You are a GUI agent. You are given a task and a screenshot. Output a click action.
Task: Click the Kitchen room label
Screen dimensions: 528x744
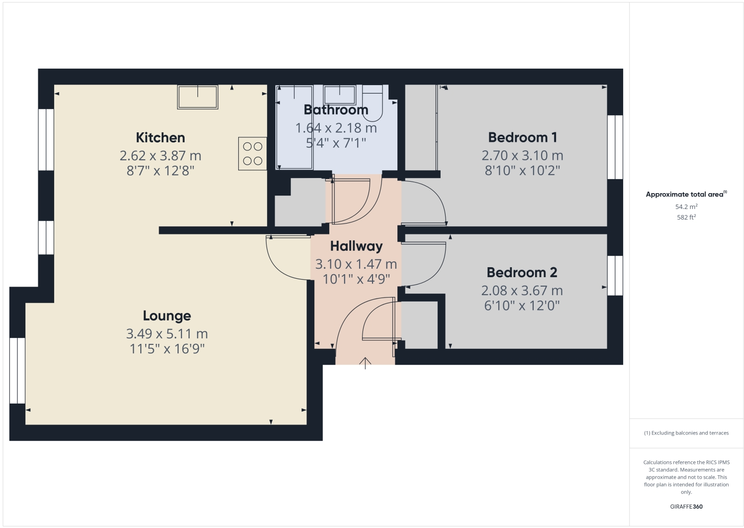[160, 138]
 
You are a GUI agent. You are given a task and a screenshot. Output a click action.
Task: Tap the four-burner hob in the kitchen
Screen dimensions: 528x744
[252, 154]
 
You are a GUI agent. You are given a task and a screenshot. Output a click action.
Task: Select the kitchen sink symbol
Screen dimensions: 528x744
[197, 97]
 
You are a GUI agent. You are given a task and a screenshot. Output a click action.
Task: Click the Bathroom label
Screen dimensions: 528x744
[336, 110]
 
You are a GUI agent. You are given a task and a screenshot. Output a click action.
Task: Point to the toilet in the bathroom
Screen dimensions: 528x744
[372, 102]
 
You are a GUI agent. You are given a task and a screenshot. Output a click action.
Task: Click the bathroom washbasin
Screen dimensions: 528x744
[340, 94]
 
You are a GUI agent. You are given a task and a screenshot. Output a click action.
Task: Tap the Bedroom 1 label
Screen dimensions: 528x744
[522, 137]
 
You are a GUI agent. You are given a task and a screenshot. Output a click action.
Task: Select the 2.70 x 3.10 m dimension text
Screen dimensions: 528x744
[522, 156]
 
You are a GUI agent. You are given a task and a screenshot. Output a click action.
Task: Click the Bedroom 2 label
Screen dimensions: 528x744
[522, 273]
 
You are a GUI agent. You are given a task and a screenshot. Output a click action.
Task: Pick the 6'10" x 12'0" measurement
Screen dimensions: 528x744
[522, 306]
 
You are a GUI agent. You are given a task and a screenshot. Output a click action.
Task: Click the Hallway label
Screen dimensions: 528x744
[356, 246]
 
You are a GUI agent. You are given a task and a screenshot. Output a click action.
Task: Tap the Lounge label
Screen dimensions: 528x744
[167, 316]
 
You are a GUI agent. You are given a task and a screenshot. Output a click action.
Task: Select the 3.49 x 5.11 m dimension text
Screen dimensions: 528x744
[167, 334]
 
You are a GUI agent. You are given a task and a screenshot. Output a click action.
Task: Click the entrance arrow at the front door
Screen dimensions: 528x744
[366, 363]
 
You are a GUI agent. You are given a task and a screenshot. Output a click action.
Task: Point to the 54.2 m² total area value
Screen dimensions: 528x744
[686, 207]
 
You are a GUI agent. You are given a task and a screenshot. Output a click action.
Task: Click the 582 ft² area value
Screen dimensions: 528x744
[686, 217]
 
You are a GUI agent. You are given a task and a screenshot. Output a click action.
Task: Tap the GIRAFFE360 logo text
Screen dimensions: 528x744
[686, 507]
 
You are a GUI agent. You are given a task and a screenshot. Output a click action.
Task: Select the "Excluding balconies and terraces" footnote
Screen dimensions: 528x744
[686, 433]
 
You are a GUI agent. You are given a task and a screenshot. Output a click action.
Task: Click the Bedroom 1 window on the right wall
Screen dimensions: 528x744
[615, 147]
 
